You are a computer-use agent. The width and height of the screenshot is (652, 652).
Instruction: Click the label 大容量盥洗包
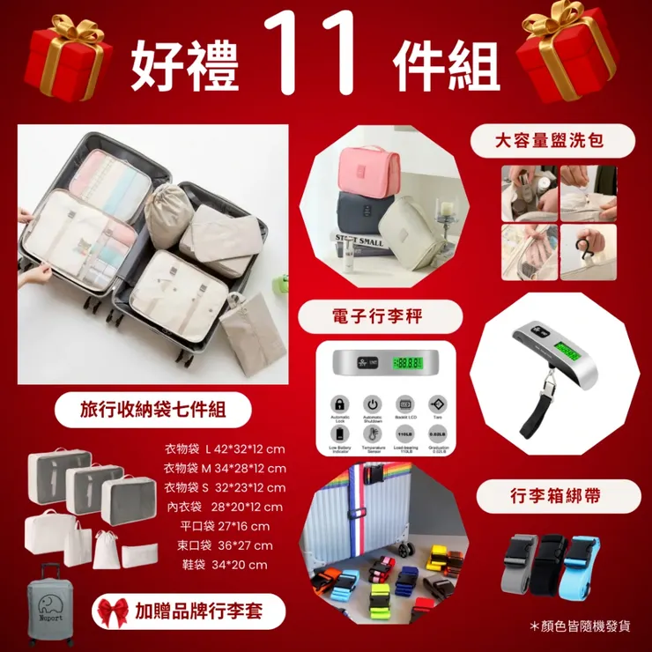coord(552,139)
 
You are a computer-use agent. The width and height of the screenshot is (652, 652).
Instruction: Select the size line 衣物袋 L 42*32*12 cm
coord(226,448)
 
